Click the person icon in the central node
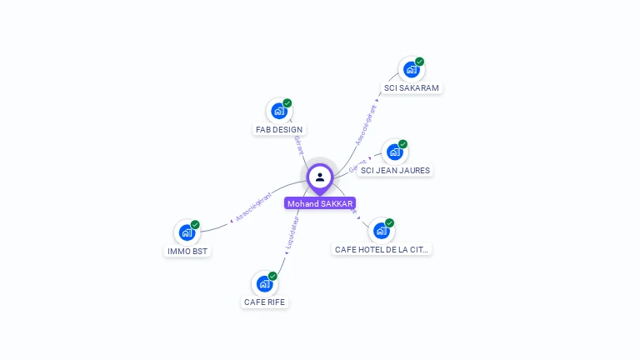point(320,177)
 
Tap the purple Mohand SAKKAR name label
point(320,203)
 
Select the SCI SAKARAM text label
point(411,87)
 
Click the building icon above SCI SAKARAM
point(410,70)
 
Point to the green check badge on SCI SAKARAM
point(420,62)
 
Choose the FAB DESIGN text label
point(279,129)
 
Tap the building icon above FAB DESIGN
point(278,112)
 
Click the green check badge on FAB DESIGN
point(287,103)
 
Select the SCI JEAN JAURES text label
point(395,170)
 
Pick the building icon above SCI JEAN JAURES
point(394,152)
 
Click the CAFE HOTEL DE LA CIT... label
point(382,249)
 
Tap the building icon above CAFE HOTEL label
point(381,231)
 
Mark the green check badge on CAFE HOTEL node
point(389,223)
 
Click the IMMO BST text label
point(187,251)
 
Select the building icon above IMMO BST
point(187,232)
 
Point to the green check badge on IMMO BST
point(195,225)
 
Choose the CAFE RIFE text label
point(265,302)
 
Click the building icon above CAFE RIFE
point(264,284)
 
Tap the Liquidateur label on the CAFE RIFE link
point(290,235)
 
